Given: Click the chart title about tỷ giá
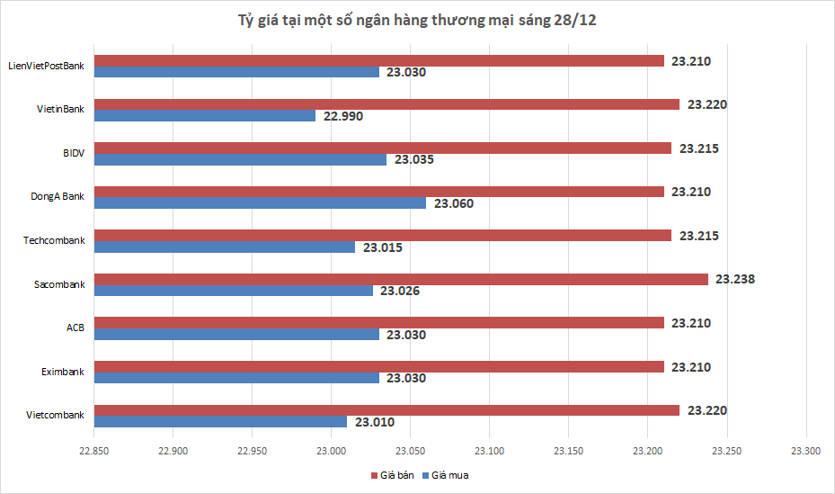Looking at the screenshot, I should tap(417, 21).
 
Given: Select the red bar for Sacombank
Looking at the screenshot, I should tap(401, 279).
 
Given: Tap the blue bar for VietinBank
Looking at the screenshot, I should tap(205, 116).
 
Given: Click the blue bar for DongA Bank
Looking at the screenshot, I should tap(261, 203).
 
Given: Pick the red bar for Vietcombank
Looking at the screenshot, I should tap(386, 410).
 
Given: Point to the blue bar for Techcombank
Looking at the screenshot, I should tap(225, 247).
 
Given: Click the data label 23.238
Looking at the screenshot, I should tap(734, 279).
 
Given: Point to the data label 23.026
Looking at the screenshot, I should tap(400, 291).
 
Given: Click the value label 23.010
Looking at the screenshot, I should tap(375, 422).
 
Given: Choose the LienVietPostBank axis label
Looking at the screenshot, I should tap(46, 66).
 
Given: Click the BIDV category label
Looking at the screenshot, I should tap(73, 153).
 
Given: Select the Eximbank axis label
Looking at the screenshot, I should tap(63, 371).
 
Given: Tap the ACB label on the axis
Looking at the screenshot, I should tap(76, 328).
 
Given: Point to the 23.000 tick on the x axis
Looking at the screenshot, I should tap(332, 450).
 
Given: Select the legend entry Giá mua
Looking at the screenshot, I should tap(450, 474).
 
